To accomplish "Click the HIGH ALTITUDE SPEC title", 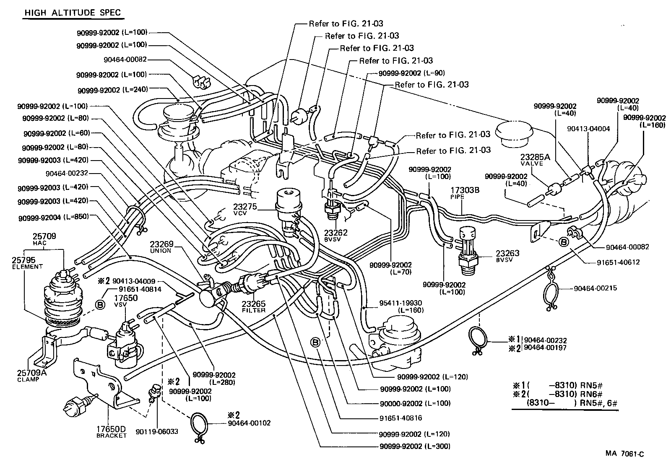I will [x=72, y=13].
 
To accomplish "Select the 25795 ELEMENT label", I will [x=27, y=262].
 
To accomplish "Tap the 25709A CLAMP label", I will [x=28, y=375].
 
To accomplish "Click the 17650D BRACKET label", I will [x=111, y=432].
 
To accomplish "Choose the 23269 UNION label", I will [x=161, y=247].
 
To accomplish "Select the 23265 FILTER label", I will [x=254, y=306].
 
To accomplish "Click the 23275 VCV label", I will [x=245, y=210].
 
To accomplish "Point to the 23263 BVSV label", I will [x=507, y=256].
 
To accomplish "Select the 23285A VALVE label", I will [x=532, y=160].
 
